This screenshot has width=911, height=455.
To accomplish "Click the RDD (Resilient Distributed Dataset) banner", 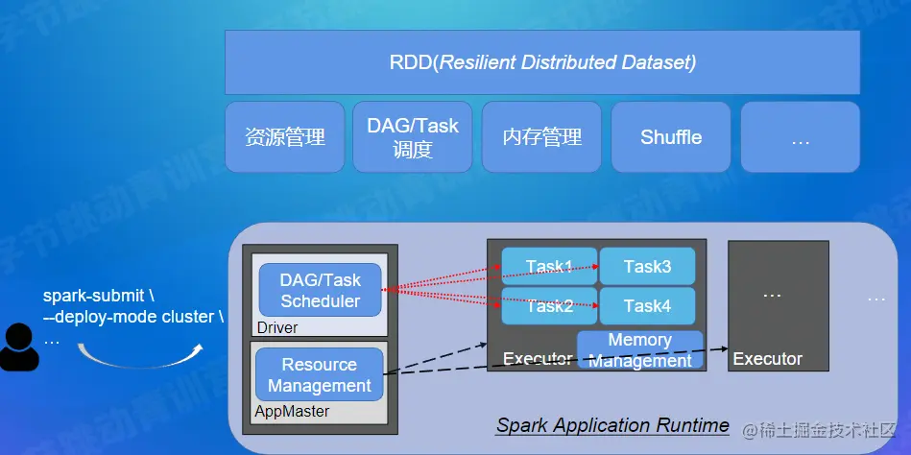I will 542,63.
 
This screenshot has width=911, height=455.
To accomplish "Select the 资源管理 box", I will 285,137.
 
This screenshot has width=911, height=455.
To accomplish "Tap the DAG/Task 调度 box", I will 413,137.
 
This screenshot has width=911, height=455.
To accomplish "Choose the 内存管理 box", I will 542,137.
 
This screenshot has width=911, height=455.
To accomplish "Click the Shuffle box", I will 671,137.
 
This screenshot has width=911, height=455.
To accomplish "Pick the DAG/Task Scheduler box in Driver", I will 321,290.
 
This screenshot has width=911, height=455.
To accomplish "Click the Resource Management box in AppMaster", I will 320,375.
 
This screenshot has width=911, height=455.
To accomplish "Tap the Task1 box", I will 549,266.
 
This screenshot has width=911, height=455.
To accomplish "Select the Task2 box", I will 549,306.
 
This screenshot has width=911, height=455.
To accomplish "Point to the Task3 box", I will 647,266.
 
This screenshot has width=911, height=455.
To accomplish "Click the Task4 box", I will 647,306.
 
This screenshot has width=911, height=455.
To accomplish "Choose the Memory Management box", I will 639,350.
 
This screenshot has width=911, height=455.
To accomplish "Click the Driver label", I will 276,327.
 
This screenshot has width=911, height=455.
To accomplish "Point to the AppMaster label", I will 292,411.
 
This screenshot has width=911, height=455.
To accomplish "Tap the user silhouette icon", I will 19,347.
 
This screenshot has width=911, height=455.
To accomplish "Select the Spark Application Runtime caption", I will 612,425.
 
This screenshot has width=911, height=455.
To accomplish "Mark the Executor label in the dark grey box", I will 768,359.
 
